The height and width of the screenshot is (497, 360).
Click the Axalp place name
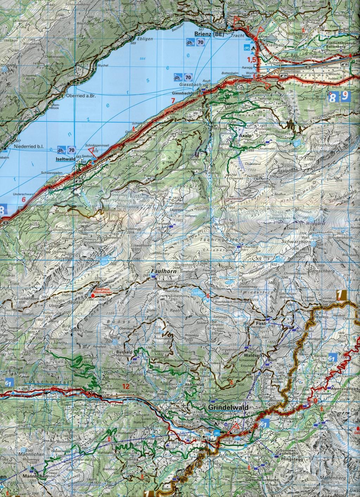point(245,135)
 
